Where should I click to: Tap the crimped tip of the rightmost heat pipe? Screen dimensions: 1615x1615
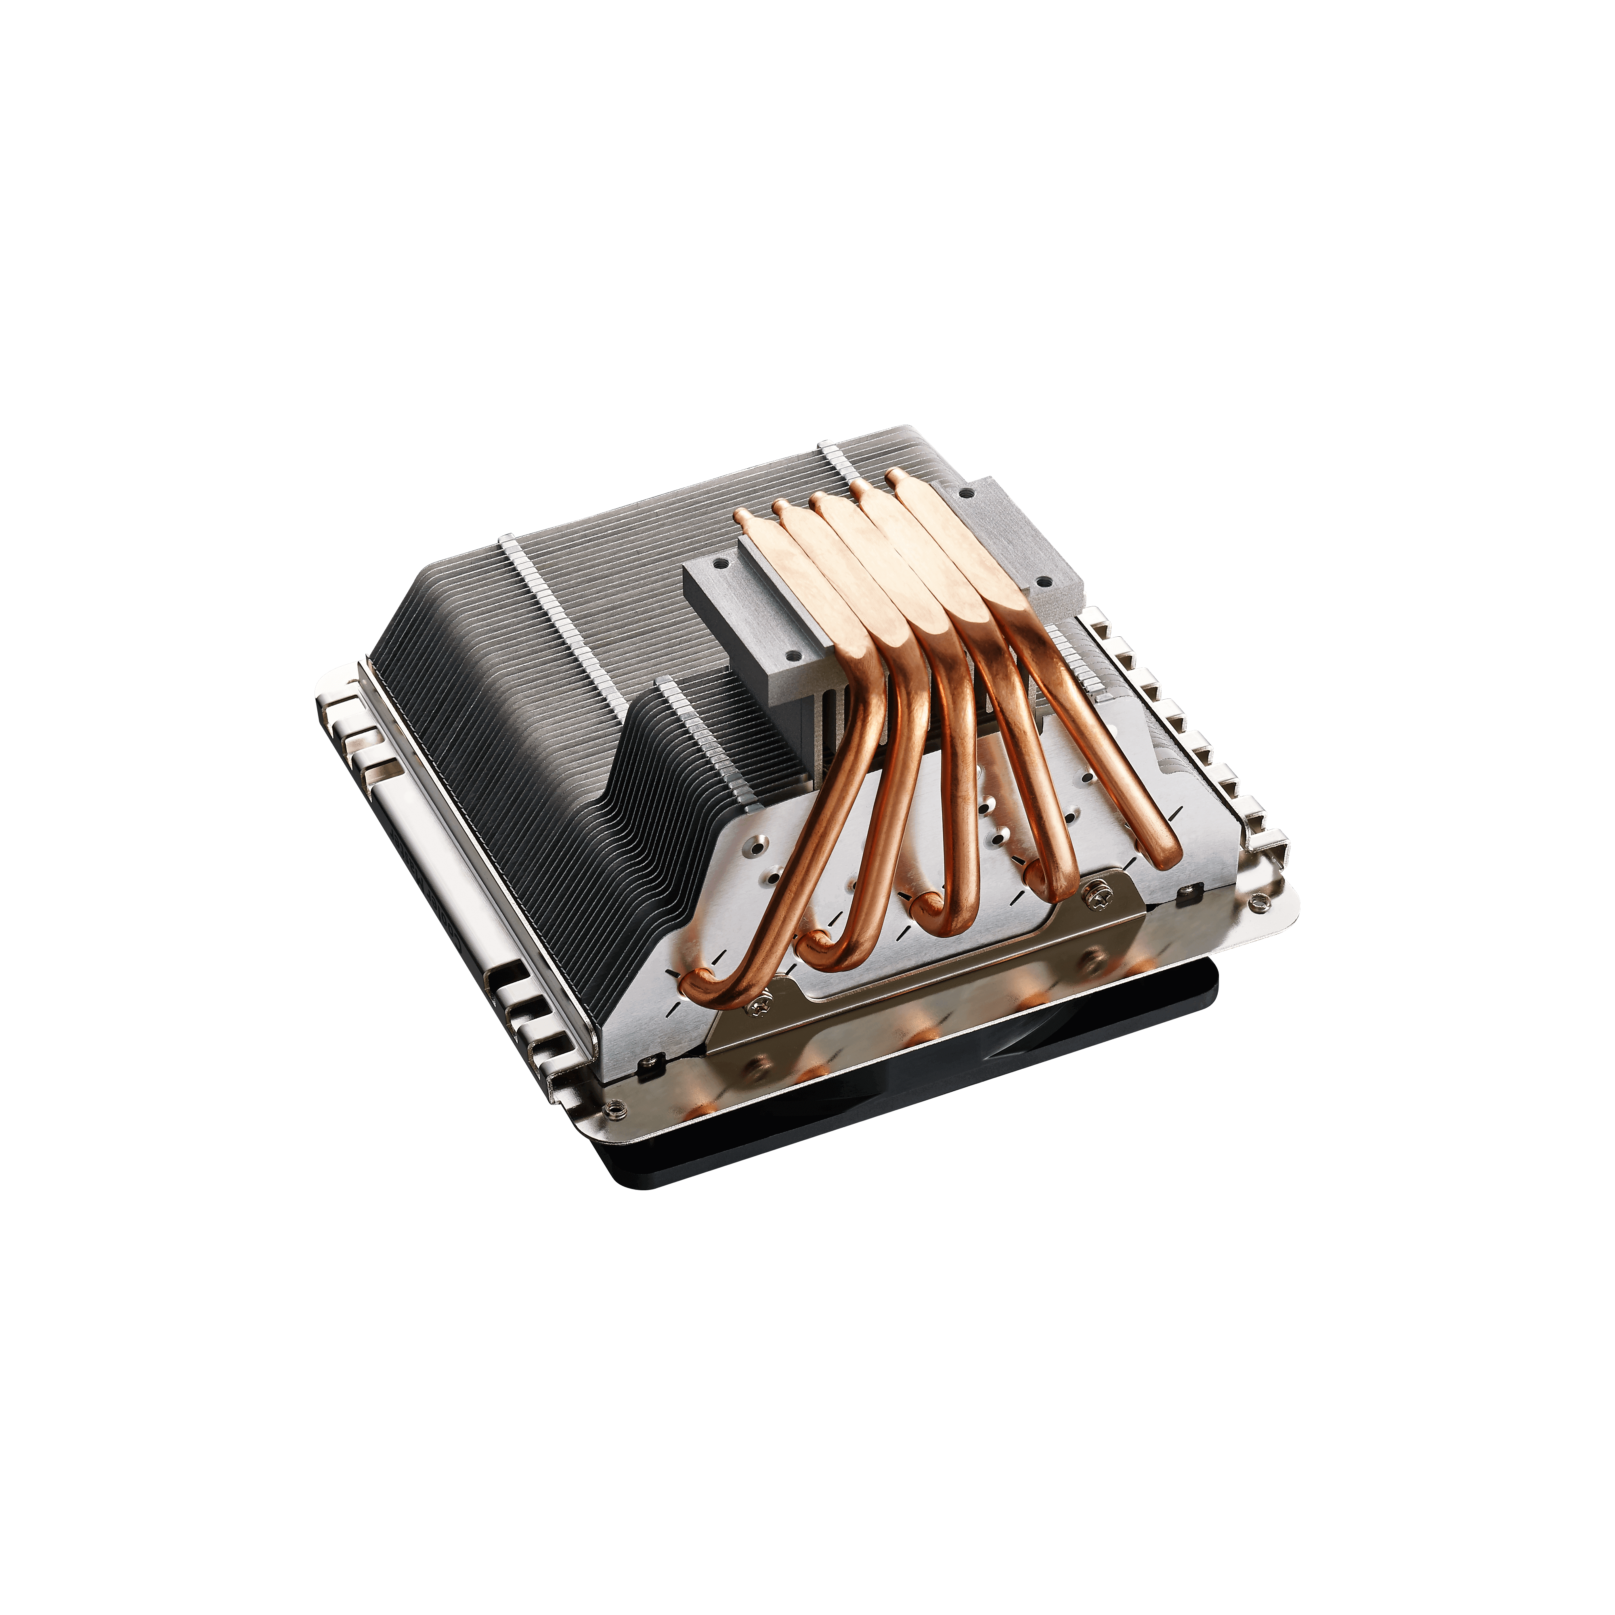pyautogui.click(x=892, y=476)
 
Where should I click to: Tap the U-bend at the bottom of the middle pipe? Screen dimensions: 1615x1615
pyautogui.click(x=932, y=907)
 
